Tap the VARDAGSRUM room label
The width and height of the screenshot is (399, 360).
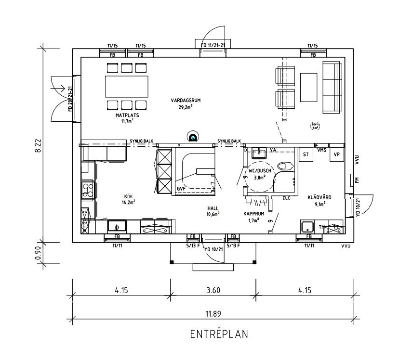click(x=185, y=101)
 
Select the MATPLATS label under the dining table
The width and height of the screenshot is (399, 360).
click(x=127, y=116)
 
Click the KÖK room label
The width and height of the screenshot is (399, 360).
click(x=128, y=196)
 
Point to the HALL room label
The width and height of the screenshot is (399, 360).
click(x=213, y=208)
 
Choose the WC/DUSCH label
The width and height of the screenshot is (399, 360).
click(x=260, y=171)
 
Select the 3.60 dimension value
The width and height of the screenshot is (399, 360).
click(x=213, y=290)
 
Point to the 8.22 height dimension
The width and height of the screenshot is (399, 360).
click(x=38, y=144)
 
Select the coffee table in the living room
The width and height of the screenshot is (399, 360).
click(x=309, y=86)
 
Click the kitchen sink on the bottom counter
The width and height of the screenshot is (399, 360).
click(x=116, y=226)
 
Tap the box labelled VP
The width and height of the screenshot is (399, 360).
click(x=336, y=154)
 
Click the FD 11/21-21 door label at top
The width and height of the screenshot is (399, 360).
click(x=213, y=45)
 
